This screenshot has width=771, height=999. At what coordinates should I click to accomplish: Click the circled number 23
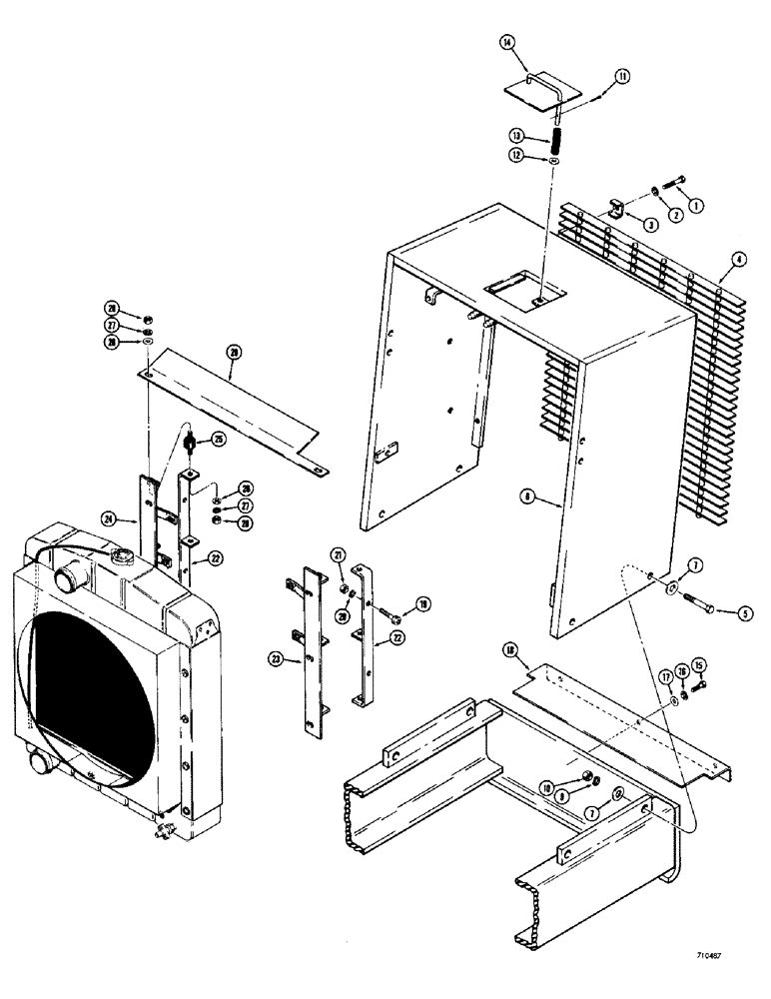click(278, 657)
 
